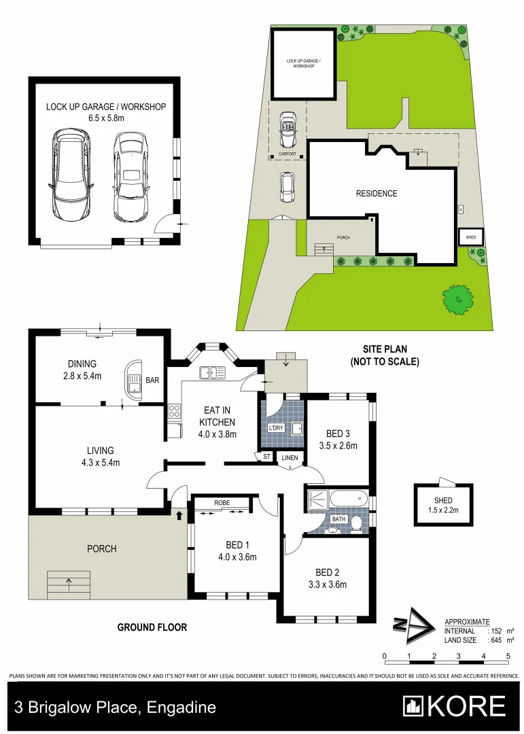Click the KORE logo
coord(454,707)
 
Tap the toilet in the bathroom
coord(332,531)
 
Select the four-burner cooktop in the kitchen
coord(174,411)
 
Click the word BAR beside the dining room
coord(152,381)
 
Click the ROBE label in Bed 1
coord(222,503)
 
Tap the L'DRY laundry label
coord(275,429)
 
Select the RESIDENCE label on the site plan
coord(377,194)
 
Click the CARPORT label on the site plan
coord(288,154)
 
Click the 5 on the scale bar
coord(508,657)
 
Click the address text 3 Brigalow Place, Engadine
coord(112,707)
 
